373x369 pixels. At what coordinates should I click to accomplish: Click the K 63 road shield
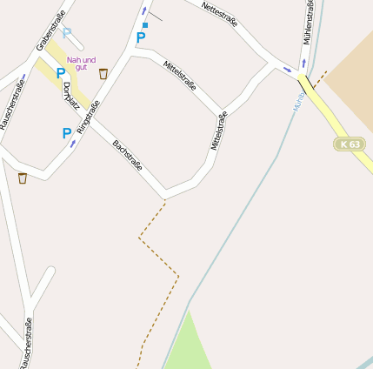click(x=350, y=144)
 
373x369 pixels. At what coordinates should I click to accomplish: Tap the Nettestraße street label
click(x=219, y=14)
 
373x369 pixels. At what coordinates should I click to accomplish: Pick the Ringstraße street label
click(x=88, y=117)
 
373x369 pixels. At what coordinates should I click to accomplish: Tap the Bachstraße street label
click(x=127, y=154)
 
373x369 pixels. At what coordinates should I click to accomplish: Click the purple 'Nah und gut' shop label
click(x=81, y=63)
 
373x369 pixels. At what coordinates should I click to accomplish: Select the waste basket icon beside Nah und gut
click(x=103, y=74)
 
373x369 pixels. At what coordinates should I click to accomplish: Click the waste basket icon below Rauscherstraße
click(x=22, y=178)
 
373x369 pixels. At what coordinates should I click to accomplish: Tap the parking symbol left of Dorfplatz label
click(x=60, y=74)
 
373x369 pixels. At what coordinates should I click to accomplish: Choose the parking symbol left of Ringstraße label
click(x=66, y=133)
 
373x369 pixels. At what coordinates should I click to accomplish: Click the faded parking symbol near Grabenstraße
click(x=67, y=34)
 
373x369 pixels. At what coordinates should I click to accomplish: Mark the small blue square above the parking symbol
click(x=145, y=25)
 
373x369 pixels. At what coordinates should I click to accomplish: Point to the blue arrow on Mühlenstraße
click(x=303, y=64)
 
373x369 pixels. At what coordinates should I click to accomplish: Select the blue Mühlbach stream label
click(x=297, y=103)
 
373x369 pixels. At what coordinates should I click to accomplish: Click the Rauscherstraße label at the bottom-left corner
click(x=25, y=343)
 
